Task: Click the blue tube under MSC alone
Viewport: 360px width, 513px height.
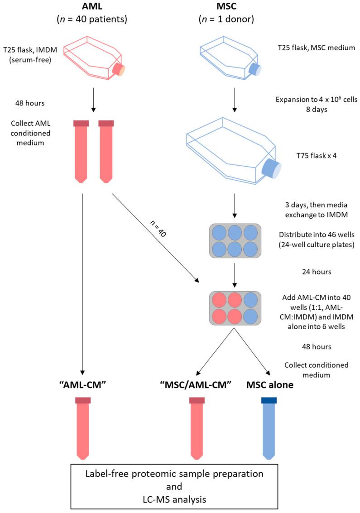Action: [269, 430]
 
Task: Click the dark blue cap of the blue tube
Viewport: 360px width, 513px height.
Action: [269, 400]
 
